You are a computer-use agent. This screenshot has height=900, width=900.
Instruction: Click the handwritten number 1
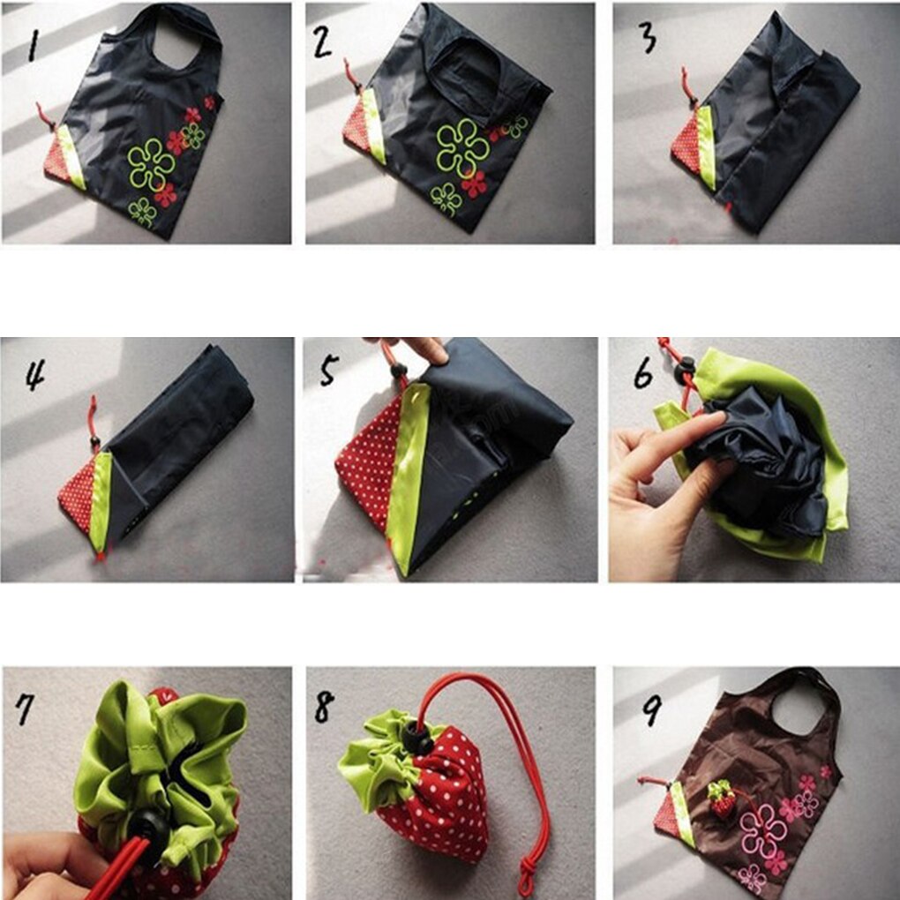point(34,43)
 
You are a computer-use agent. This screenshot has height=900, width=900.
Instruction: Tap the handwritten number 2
point(324,40)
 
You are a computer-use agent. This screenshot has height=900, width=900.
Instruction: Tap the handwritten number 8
point(324,706)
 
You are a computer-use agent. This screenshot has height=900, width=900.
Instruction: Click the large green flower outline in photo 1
point(151,164)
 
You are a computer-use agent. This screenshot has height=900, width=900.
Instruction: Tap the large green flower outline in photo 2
point(462,146)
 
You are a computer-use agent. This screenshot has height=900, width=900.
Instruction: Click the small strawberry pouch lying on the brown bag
point(723,799)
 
